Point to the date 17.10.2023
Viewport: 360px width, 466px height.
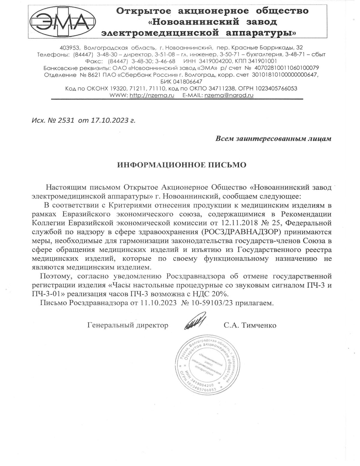[x=105, y=121]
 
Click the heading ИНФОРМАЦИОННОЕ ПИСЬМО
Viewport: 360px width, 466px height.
[x=181, y=165]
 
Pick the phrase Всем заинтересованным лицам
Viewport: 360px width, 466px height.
[x=273, y=139]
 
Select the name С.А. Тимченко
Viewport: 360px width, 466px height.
[x=250, y=325]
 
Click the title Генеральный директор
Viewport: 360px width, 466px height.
[x=128, y=325]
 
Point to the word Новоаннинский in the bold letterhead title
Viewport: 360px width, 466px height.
[x=196, y=22]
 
